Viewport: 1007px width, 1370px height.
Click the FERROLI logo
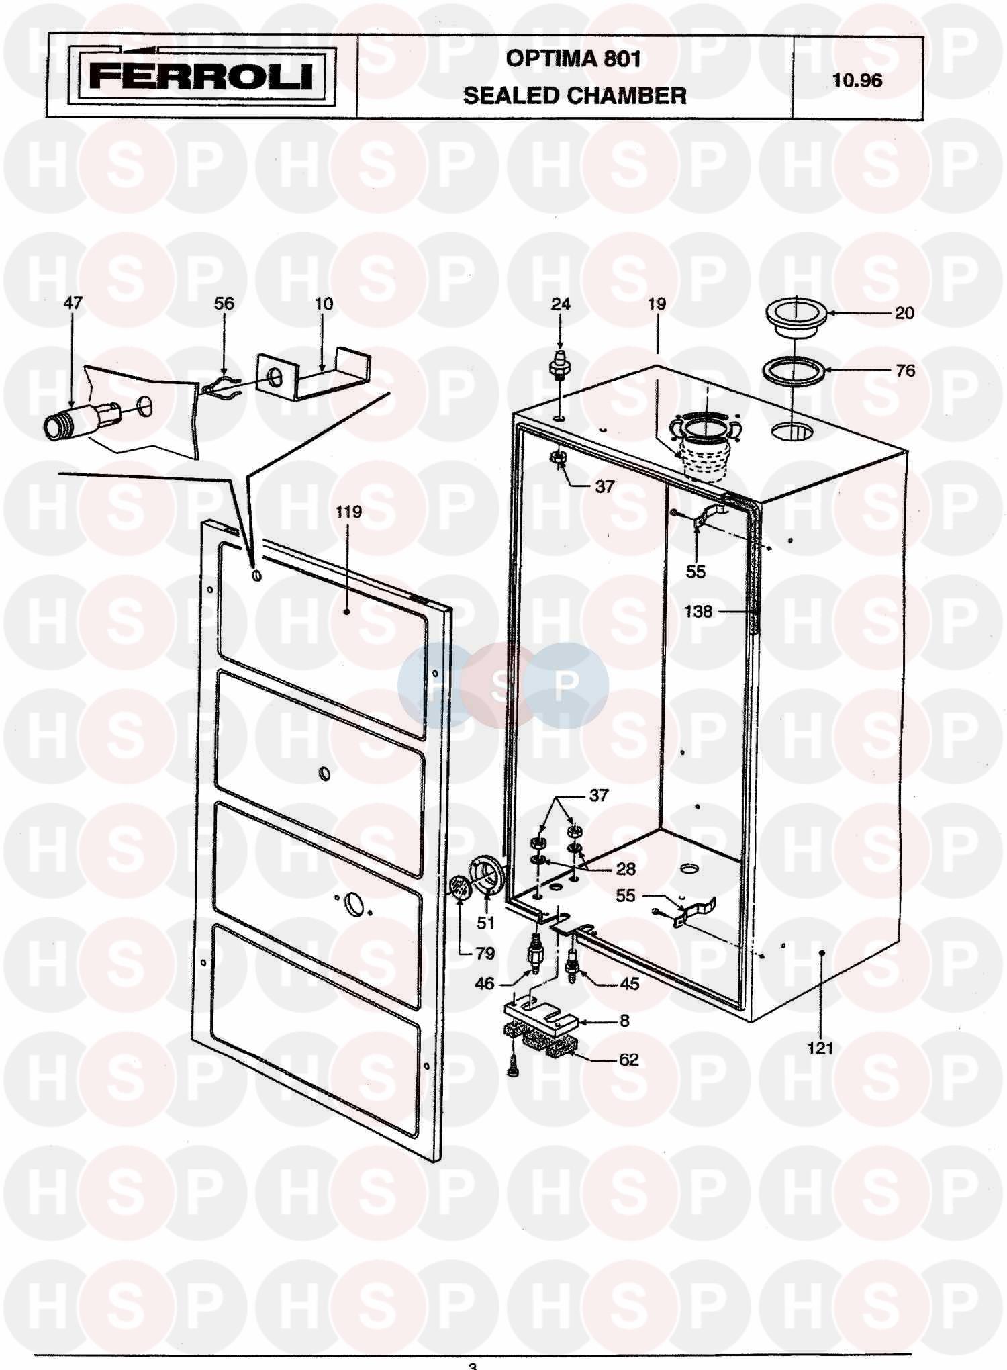201,77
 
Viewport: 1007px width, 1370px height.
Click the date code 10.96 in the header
857,81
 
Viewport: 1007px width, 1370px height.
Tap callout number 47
73,303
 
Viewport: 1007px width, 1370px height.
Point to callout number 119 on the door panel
348,512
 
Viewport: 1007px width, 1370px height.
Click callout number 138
698,612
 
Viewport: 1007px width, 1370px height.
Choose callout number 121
820,1048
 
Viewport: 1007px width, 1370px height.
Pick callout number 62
628,1060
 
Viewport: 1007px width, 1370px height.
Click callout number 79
484,953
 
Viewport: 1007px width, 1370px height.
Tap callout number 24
561,304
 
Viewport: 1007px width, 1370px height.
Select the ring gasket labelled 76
794,371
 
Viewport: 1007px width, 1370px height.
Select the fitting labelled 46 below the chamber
535,953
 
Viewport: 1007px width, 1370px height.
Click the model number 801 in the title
622,59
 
